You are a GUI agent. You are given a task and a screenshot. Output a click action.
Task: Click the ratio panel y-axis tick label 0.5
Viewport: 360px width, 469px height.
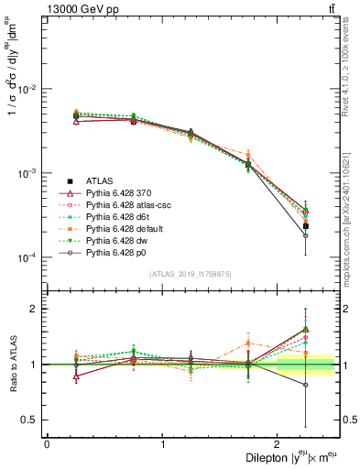[29, 420]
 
